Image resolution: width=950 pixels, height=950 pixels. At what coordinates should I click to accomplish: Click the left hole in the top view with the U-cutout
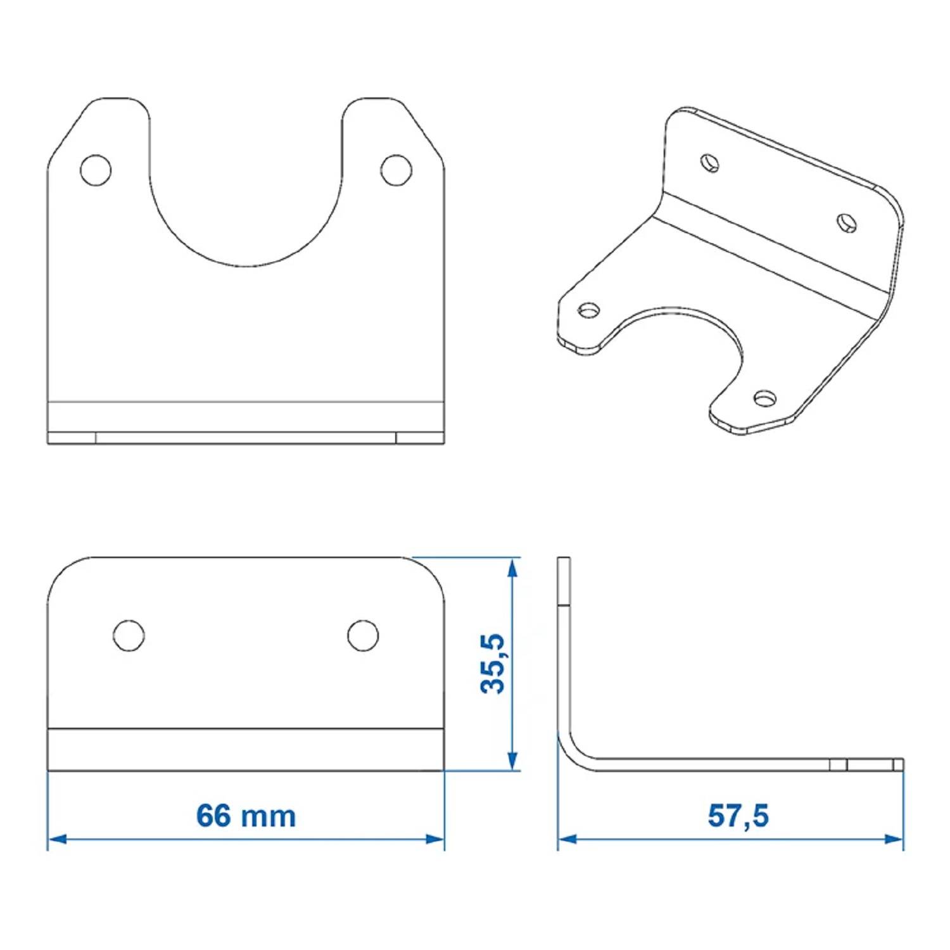point(96,170)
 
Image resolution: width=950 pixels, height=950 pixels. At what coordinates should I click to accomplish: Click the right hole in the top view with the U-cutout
point(396,170)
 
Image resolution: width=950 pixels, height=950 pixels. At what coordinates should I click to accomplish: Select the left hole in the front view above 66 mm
point(129,635)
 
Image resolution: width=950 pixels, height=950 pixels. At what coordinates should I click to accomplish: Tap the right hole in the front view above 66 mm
point(363,635)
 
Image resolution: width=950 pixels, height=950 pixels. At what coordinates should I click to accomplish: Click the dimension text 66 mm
point(246,816)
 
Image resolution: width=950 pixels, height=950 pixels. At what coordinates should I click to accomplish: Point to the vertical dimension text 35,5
point(493,663)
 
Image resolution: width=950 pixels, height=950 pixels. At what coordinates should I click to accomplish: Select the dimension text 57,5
point(738,816)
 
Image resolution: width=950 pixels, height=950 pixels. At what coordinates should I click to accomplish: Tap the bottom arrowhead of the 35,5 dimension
point(513,761)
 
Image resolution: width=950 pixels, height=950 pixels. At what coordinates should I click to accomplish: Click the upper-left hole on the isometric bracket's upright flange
point(710,162)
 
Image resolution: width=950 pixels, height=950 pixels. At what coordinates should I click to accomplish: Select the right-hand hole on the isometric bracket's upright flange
point(847,223)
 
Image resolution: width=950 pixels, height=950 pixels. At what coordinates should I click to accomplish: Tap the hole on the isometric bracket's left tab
point(589,310)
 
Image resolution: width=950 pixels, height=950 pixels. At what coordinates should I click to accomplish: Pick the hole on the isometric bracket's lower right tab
point(765,398)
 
